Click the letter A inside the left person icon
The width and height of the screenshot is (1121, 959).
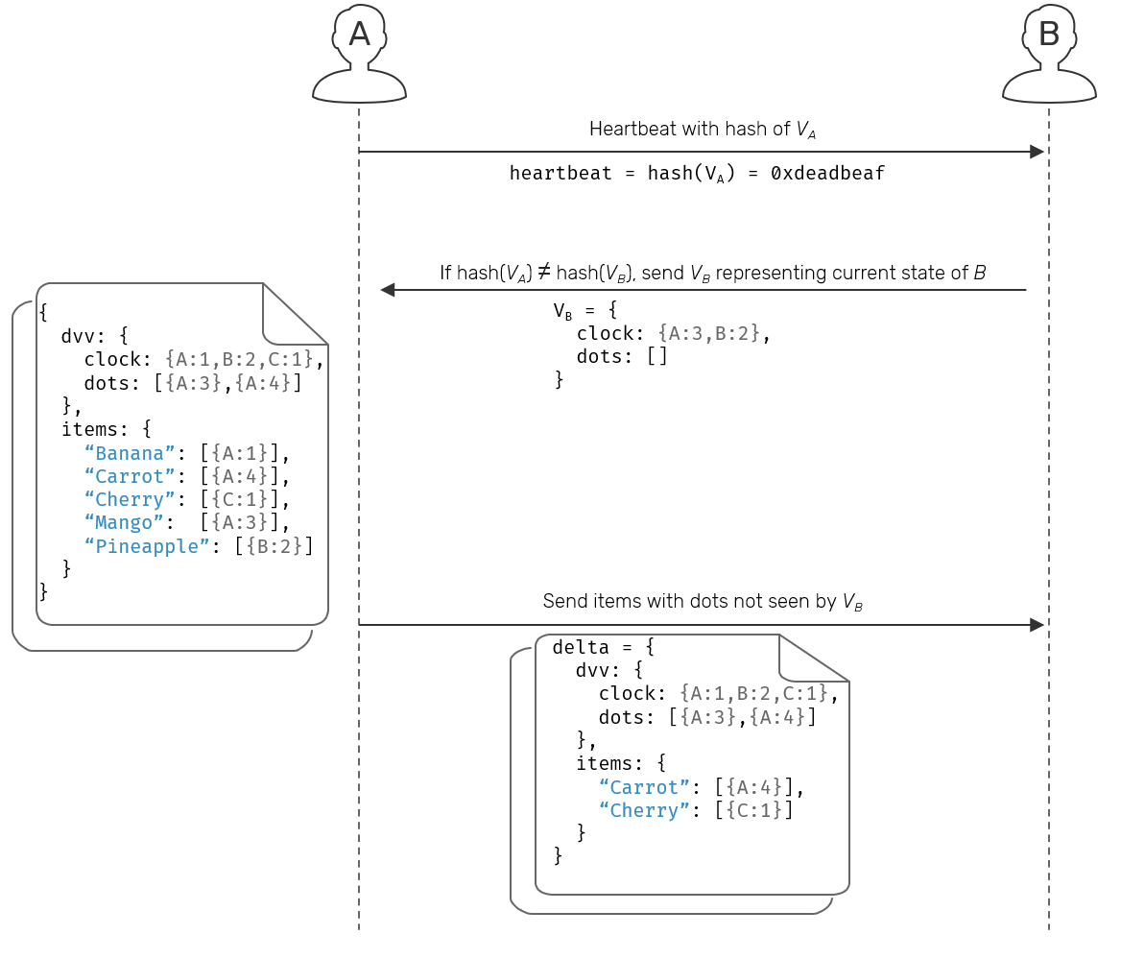pos(359,36)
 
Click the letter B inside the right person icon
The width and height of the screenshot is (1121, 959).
pos(1049,36)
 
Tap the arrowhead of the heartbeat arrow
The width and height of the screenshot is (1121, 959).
pos(1037,152)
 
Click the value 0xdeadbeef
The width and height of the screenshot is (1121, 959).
pos(827,174)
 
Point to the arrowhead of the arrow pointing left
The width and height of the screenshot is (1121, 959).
pos(388,290)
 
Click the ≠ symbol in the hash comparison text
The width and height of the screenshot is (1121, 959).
pos(543,274)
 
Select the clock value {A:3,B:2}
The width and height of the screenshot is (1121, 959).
pos(709,334)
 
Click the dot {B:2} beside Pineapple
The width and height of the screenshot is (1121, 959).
pos(274,546)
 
